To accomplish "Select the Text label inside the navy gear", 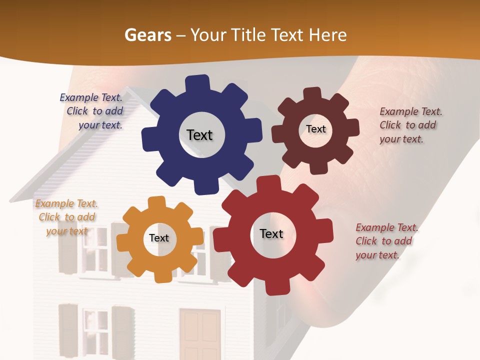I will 199,135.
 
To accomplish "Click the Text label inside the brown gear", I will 315,129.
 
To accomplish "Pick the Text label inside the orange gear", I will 159,238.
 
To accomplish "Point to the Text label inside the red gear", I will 271,234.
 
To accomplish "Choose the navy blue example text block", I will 92,111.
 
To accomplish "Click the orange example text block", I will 66,217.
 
